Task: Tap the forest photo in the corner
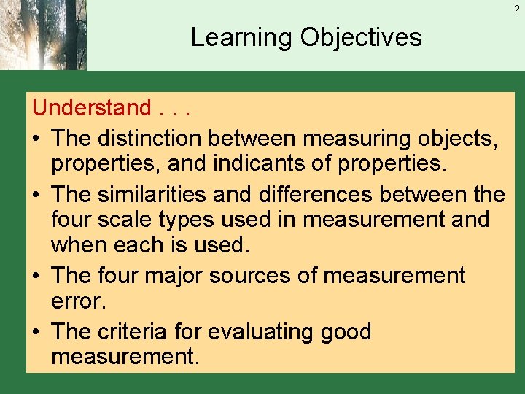coord(43,34)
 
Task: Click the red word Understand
coord(91,108)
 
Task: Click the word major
coord(179,276)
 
